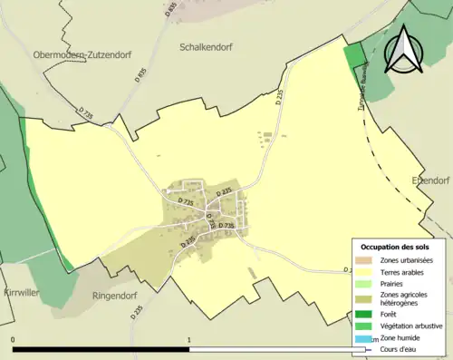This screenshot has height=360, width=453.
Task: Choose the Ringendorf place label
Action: point(119,296)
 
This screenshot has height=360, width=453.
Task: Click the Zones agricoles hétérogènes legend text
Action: point(403,299)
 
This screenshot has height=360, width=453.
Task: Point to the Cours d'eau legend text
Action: point(399,348)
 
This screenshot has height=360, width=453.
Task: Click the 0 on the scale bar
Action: point(13,340)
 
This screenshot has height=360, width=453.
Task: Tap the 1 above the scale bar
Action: point(188,340)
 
